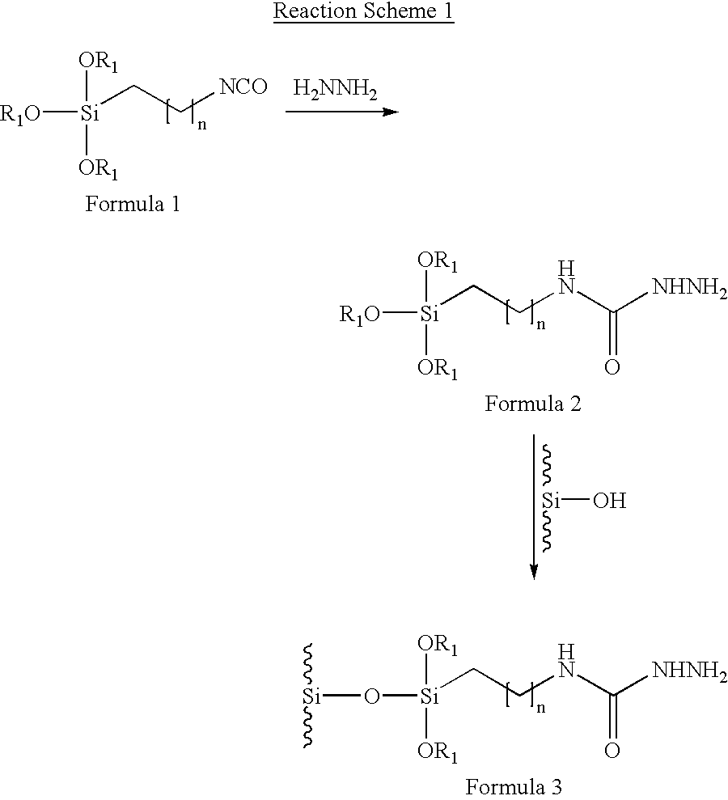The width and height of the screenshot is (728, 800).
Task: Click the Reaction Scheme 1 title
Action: (x=363, y=11)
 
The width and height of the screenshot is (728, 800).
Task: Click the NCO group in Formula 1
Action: (x=243, y=87)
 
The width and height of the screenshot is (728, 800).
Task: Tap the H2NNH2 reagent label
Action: (x=335, y=90)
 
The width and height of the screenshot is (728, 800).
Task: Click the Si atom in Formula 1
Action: (x=89, y=112)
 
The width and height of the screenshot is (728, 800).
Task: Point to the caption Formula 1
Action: (x=132, y=204)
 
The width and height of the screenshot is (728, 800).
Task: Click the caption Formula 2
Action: (x=532, y=404)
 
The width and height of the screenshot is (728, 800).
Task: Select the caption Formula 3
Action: (x=514, y=786)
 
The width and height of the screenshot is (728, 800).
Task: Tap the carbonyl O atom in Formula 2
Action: (x=612, y=366)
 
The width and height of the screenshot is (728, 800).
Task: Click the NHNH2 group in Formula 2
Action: (x=690, y=288)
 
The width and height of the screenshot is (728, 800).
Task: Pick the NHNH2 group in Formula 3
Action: (x=690, y=671)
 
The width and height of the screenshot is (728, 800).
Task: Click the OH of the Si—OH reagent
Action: (x=609, y=501)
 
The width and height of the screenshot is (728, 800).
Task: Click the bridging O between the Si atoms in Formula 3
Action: (x=372, y=696)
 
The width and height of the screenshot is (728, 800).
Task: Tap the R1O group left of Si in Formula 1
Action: (x=19, y=114)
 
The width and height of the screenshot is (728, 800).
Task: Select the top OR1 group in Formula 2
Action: (x=438, y=262)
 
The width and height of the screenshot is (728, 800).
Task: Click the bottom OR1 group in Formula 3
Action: (x=438, y=752)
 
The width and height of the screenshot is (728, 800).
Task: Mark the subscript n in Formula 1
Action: (x=202, y=125)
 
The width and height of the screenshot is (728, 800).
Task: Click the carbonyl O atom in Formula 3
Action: (x=612, y=750)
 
